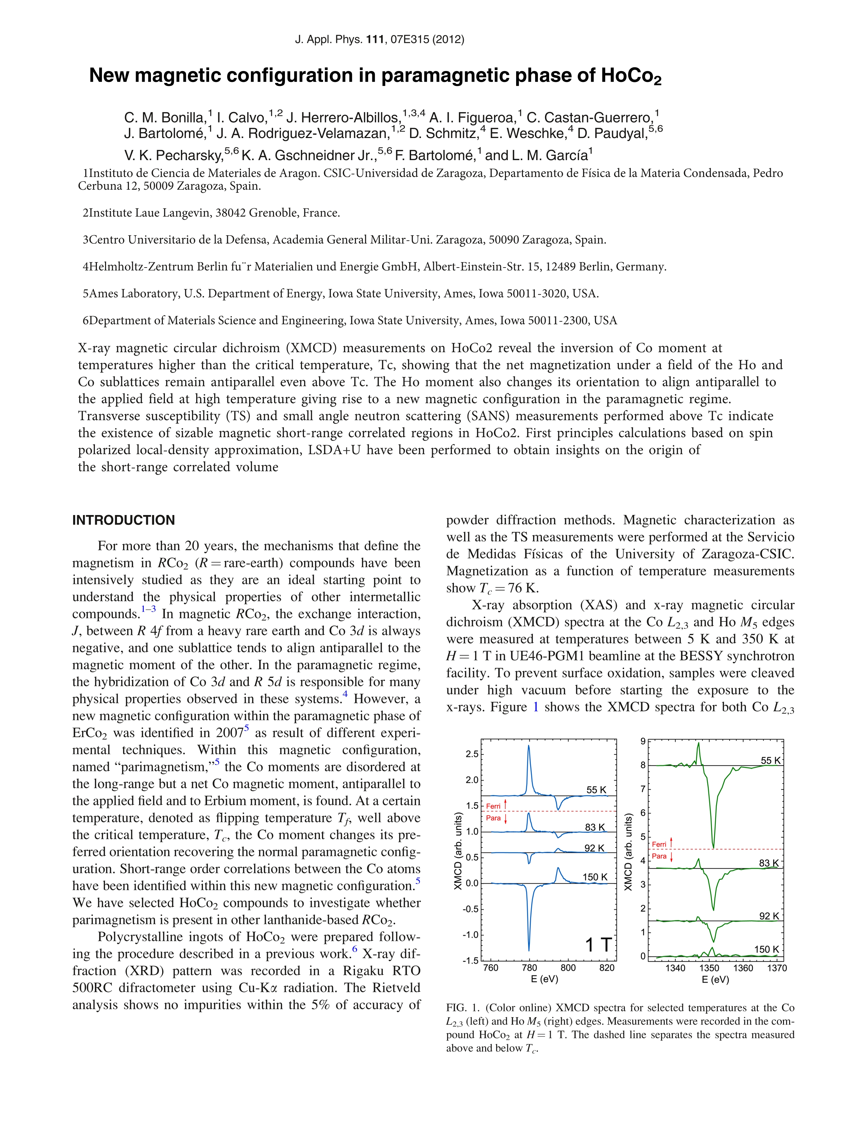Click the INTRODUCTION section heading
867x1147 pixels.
click(x=123, y=520)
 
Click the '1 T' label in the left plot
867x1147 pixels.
click(x=598, y=945)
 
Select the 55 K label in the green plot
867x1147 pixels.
click(x=770, y=761)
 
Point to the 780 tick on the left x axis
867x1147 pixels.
click(x=529, y=968)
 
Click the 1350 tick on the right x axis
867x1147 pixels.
click(x=709, y=968)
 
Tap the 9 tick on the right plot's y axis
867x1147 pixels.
click(x=643, y=741)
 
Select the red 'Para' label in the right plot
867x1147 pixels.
click(x=659, y=856)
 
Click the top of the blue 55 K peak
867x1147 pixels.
click(x=528, y=746)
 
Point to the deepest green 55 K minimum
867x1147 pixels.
click(x=714, y=848)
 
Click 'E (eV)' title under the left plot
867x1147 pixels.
click(x=544, y=979)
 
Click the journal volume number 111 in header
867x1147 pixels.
click(x=375, y=39)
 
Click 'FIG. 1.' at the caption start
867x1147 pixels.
click(x=463, y=1008)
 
